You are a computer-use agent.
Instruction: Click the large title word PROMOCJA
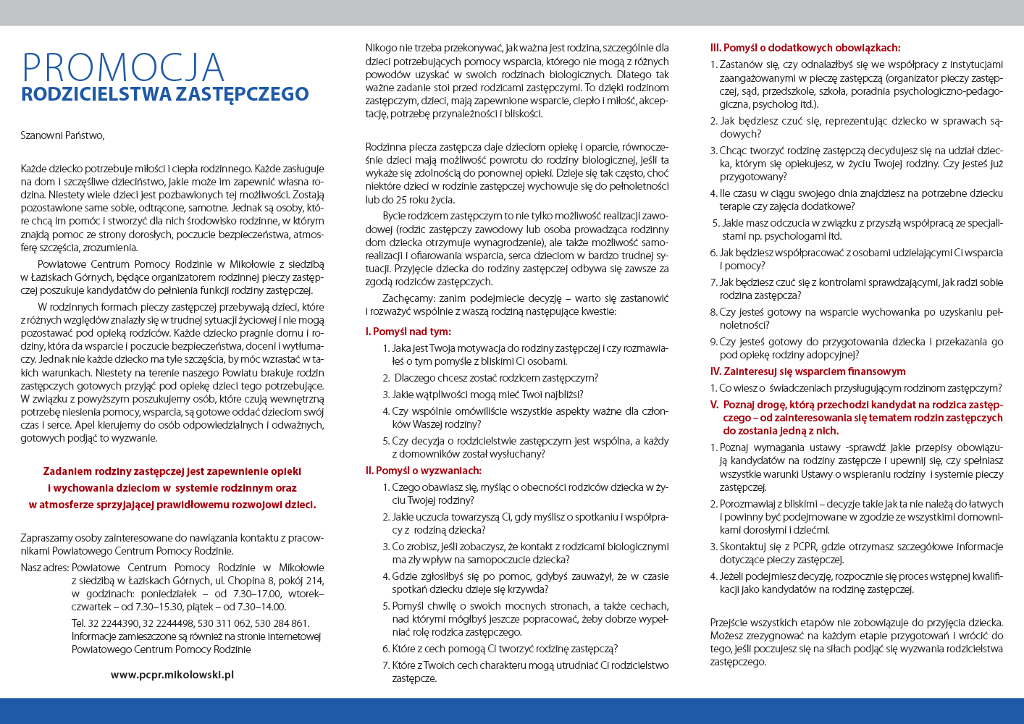123,68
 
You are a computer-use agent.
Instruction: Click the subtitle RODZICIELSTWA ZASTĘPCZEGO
165,94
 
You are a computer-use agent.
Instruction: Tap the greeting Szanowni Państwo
62,135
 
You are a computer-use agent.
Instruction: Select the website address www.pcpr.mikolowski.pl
172,674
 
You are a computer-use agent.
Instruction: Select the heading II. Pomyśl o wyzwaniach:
423,471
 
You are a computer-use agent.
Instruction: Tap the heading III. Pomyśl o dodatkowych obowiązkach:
805,48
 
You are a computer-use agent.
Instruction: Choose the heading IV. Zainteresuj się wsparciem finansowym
807,371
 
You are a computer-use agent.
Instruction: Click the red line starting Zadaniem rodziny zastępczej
172,471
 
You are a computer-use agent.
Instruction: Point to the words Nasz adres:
45,568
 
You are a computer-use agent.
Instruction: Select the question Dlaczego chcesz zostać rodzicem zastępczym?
496,378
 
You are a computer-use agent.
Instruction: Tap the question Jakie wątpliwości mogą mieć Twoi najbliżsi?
487,395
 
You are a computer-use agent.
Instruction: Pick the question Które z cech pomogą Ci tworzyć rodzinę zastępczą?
505,649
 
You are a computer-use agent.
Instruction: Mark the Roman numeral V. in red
714,405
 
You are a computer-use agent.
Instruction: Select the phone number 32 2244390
114,623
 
